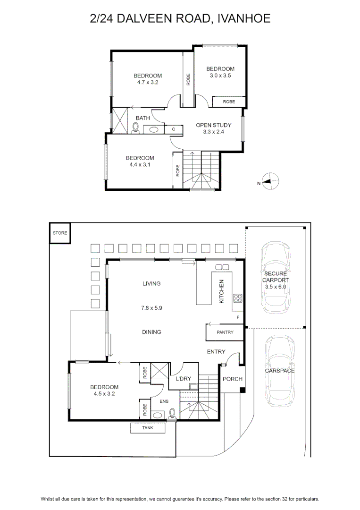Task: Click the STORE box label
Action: click(x=60, y=233)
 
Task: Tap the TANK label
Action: click(x=148, y=428)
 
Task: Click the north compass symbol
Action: click(x=270, y=181)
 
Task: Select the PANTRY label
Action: click(x=225, y=332)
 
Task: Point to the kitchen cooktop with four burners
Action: click(x=237, y=298)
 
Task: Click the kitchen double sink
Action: click(x=222, y=267)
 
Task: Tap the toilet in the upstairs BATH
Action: click(x=135, y=128)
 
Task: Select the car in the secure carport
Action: click(x=276, y=278)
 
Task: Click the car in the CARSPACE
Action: click(x=279, y=371)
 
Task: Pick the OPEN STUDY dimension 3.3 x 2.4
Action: click(x=213, y=132)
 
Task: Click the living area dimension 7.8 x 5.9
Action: click(x=151, y=308)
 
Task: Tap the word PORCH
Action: click(x=233, y=379)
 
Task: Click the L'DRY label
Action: click(x=183, y=379)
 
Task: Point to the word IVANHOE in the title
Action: click(x=243, y=18)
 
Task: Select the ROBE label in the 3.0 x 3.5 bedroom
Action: click(x=229, y=102)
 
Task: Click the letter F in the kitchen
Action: click(x=238, y=317)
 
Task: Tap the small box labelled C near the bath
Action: click(x=174, y=129)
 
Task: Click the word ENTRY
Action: click(x=216, y=352)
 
